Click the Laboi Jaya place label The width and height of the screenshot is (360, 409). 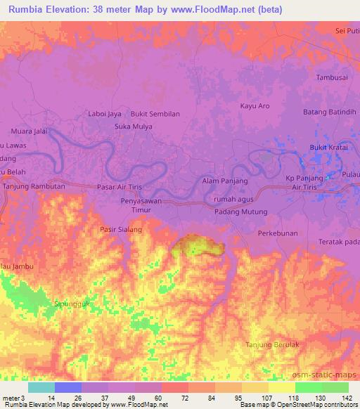tap(105, 113)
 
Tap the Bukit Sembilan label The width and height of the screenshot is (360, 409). tap(155, 113)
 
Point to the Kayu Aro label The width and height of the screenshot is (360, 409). tap(255, 106)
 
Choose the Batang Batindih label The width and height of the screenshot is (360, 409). tap(330, 112)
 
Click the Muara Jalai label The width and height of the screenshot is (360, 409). tap(30, 131)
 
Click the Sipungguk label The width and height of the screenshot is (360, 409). tap(72, 304)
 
